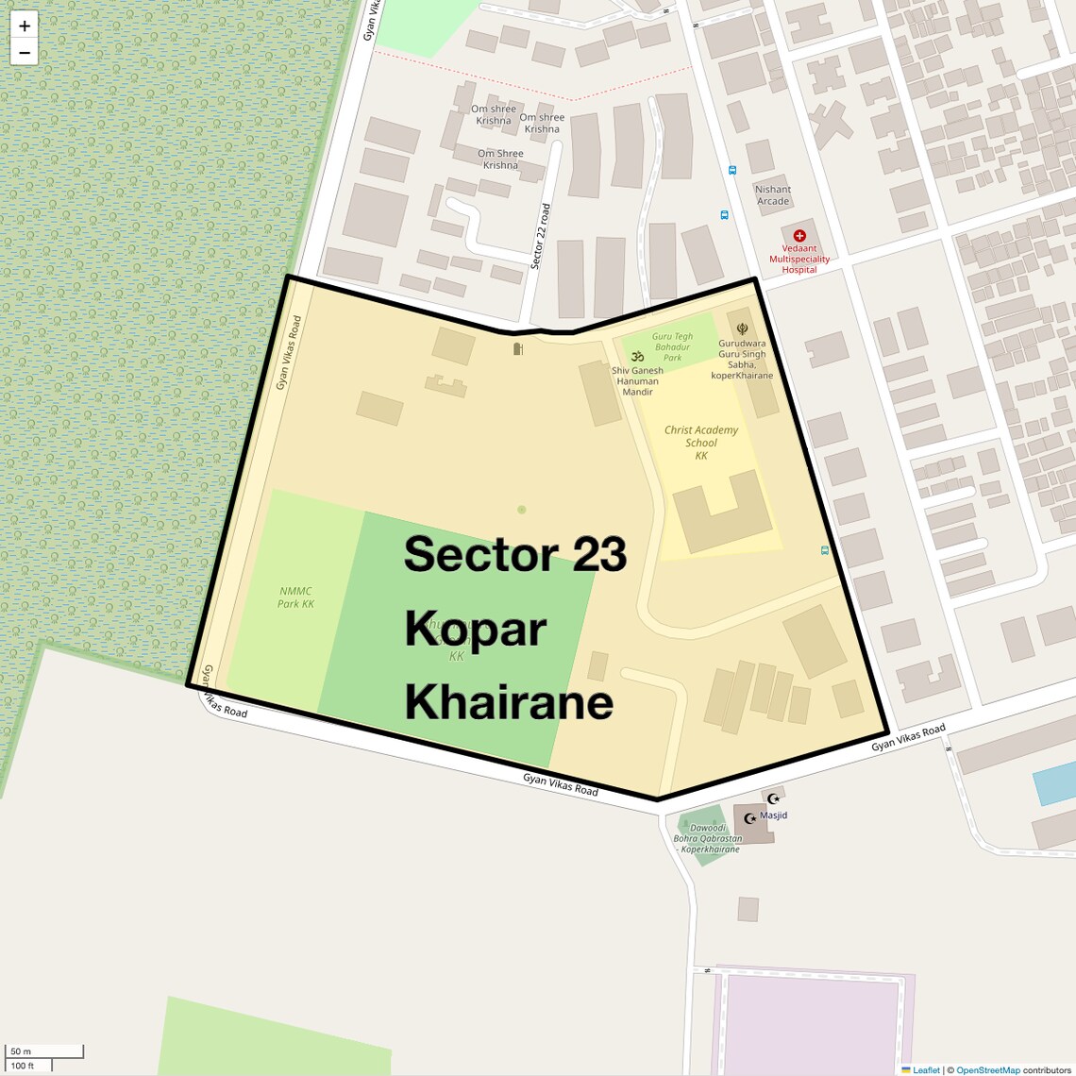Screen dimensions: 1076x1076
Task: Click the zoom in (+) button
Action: pos(25,25)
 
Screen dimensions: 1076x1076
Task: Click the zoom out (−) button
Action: pos(25,53)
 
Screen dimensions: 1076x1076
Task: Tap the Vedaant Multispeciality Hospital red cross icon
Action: pos(799,236)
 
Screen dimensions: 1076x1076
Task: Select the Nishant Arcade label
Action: pos(773,195)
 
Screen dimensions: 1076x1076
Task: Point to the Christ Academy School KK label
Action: pos(701,443)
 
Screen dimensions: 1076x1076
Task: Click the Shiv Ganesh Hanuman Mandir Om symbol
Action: pos(637,356)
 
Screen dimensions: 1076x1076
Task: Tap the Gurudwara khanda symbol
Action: pos(742,328)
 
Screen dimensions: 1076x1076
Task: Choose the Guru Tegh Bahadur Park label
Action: pos(672,346)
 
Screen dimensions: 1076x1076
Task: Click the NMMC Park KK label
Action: pos(295,597)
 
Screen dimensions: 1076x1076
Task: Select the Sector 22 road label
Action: pos(540,237)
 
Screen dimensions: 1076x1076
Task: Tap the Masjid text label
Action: pos(773,815)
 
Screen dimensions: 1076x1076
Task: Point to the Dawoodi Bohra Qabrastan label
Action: pos(709,838)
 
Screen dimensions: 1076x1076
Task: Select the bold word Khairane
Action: pos(509,702)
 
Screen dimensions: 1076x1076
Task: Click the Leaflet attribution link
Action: pos(926,1070)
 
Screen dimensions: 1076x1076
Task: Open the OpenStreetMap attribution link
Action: pos(987,1070)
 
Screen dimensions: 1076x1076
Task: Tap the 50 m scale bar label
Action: pos(21,1051)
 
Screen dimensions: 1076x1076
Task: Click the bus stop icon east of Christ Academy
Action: pos(825,550)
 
